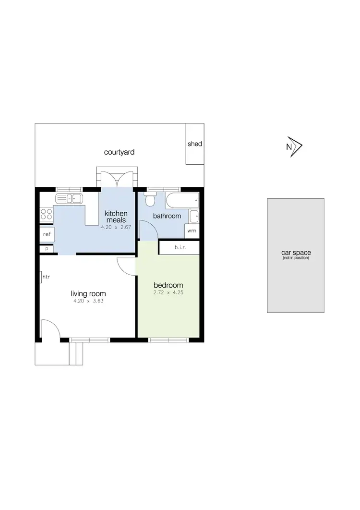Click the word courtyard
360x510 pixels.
(x=119, y=152)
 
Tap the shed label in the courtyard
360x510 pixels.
(x=194, y=144)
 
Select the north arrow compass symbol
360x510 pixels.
(x=294, y=147)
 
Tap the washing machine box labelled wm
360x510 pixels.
(x=192, y=231)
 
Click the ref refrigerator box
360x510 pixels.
(x=47, y=234)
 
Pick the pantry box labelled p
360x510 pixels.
(x=47, y=249)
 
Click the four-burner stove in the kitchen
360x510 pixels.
(x=47, y=214)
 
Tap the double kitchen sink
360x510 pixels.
(x=69, y=198)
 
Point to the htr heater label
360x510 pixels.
(x=46, y=277)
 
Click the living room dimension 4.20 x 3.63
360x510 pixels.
(x=88, y=302)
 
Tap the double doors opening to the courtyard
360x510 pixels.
(x=117, y=179)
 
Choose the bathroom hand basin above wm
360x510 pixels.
(x=193, y=217)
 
